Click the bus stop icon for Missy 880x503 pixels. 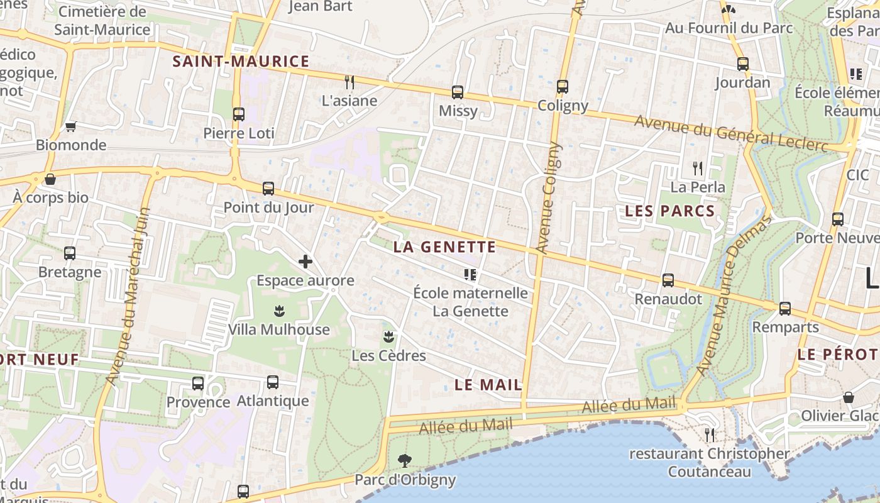tap(458, 92)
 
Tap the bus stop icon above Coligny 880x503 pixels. tap(563, 87)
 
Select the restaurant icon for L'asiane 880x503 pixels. tap(349, 82)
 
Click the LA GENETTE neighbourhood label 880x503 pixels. tap(444, 247)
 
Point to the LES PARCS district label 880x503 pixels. tap(670, 211)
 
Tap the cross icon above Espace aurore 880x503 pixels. tap(305, 262)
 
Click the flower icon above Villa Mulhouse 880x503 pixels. tap(279, 311)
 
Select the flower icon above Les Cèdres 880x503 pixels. tap(388, 336)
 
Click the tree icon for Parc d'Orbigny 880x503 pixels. tap(405, 461)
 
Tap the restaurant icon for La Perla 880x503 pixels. tap(698, 168)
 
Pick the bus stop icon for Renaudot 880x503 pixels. tap(668, 280)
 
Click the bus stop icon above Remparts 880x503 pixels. tap(785, 309)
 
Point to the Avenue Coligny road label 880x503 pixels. tap(546, 197)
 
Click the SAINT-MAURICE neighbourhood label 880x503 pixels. tap(241, 62)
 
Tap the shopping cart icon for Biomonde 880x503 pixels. tap(71, 126)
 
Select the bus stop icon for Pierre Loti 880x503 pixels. tap(239, 114)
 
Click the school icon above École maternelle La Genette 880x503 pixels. tap(470, 274)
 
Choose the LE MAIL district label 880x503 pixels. tap(488, 385)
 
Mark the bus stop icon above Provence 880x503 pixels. tap(198, 383)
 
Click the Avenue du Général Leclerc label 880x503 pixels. tap(740, 134)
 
